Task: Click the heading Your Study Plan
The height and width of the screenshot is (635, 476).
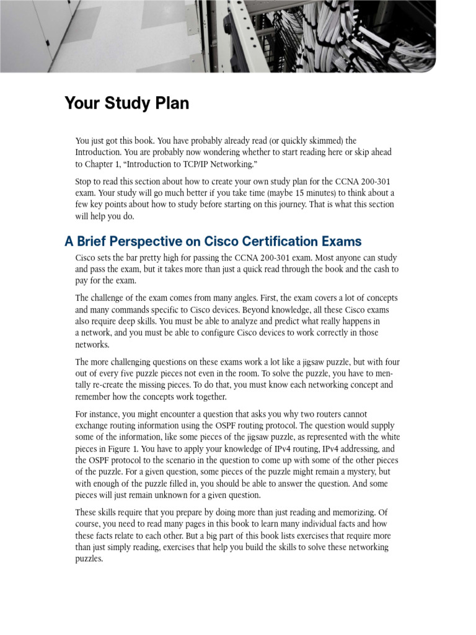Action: click(126, 104)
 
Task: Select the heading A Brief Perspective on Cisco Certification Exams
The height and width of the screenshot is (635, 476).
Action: click(213, 241)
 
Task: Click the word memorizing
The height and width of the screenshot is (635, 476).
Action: click(351, 512)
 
